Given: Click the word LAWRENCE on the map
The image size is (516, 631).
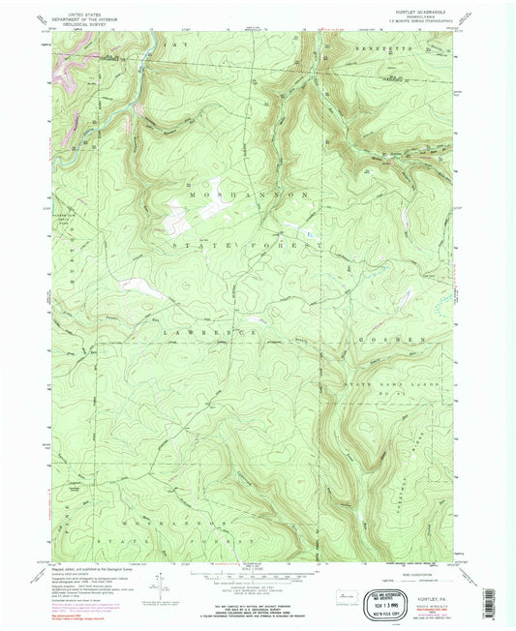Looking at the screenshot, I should (210, 332).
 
